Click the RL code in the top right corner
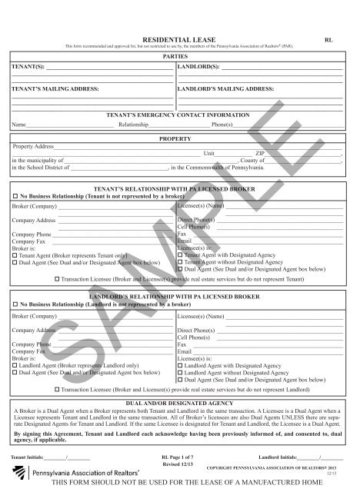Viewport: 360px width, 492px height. [328, 37]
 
